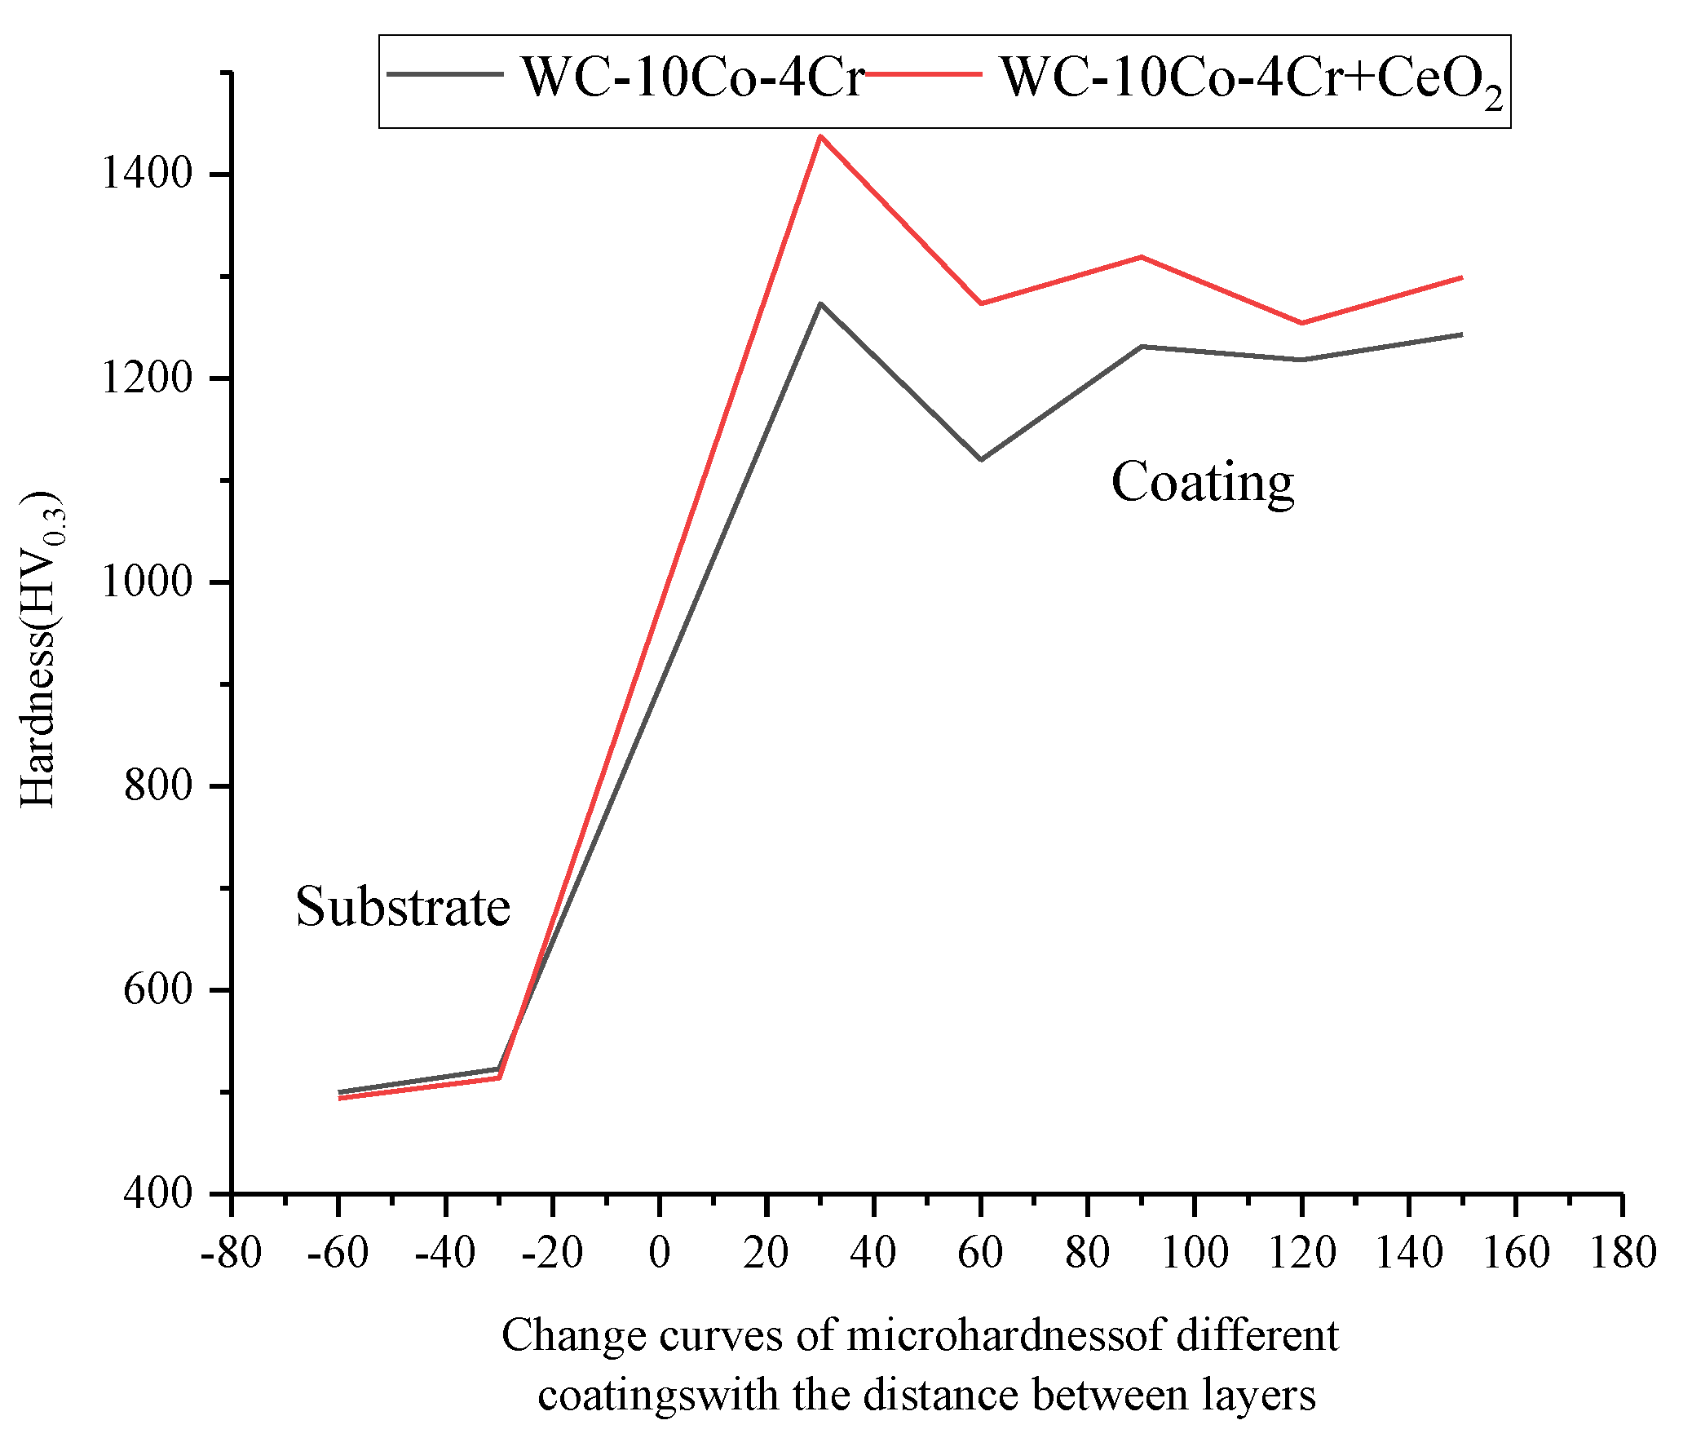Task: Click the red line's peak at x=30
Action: [x=820, y=136]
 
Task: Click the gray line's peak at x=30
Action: [x=820, y=303]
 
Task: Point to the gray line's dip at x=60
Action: [x=981, y=459]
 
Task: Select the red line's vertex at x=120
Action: [x=1302, y=323]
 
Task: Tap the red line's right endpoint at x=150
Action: [x=1462, y=277]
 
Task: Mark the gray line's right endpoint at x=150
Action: [x=1462, y=334]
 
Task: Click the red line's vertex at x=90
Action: [x=1142, y=257]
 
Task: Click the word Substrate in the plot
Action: [x=403, y=907]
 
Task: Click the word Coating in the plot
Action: [x=1203, y=482]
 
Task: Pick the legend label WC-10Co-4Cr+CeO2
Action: [x=1252, y=80]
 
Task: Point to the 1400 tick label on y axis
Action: [x=147, y=174]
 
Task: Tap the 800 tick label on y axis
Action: [x=158, y=785]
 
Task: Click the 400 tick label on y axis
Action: [x=158, y=1193]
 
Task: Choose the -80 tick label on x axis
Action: [x=232, y=1252]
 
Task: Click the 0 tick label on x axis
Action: [x=660, y=1252]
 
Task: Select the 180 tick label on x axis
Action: [x=1623, y=1252]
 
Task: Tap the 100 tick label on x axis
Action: [x=1195, y=1252]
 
